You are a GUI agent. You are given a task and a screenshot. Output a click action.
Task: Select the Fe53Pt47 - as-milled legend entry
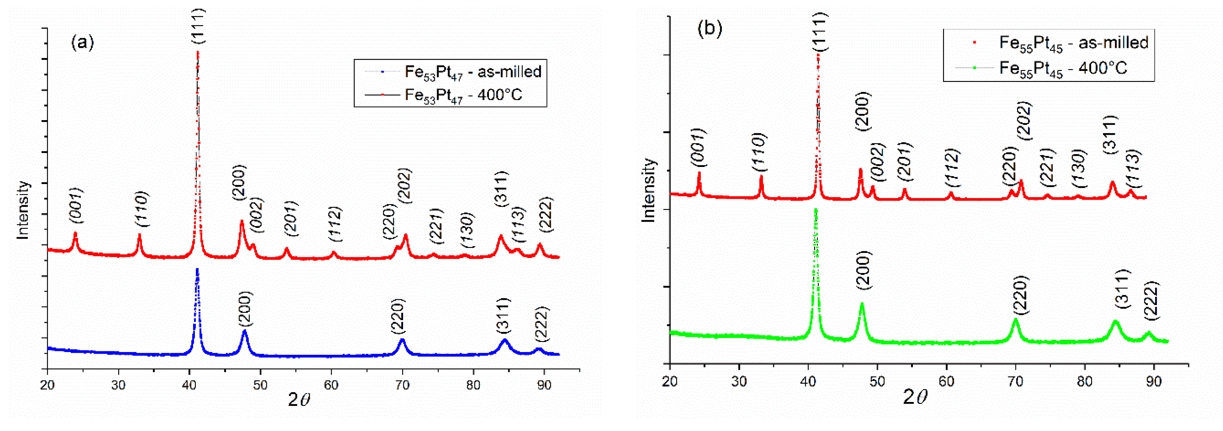pyautogui.click(x=473, y=72)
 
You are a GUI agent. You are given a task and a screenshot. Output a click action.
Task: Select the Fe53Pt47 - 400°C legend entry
pyautogui.click(x=463, y=95)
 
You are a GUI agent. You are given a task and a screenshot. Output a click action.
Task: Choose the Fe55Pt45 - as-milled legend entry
pyautogui.click(x=1073, y=43)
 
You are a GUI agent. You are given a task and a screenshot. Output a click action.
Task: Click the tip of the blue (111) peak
pyautogui.click(x=197, y=269)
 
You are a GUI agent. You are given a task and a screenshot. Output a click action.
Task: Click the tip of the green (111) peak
pyautogui.click(x=816, y=209)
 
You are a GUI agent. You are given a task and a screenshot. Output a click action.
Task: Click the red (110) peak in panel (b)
pyautogui.click(x=761, y=177)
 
